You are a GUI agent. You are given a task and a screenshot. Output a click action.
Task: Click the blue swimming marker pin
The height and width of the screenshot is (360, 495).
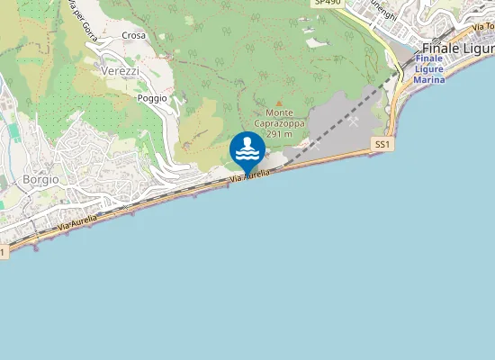point(247,150)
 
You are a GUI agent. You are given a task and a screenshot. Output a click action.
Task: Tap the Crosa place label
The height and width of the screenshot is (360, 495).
point(134,36)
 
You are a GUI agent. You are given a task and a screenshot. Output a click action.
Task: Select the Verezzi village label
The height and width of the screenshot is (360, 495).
point(121,70)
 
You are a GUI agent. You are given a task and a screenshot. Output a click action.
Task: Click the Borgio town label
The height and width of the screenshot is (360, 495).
point(40,179)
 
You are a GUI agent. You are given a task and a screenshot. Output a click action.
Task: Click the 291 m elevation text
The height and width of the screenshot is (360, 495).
point(280,133)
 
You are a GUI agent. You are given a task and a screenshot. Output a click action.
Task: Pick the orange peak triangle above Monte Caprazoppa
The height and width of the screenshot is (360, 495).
point(279,103)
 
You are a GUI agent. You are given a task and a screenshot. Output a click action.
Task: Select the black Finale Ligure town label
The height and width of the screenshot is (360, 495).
point(458,49)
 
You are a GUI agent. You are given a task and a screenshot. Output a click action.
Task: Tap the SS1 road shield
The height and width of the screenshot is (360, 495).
point(383,144)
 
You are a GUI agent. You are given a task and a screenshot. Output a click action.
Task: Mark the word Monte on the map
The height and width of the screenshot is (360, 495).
point(279,112)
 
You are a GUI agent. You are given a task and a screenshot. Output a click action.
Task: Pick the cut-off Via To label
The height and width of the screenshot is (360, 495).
point(482,31)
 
